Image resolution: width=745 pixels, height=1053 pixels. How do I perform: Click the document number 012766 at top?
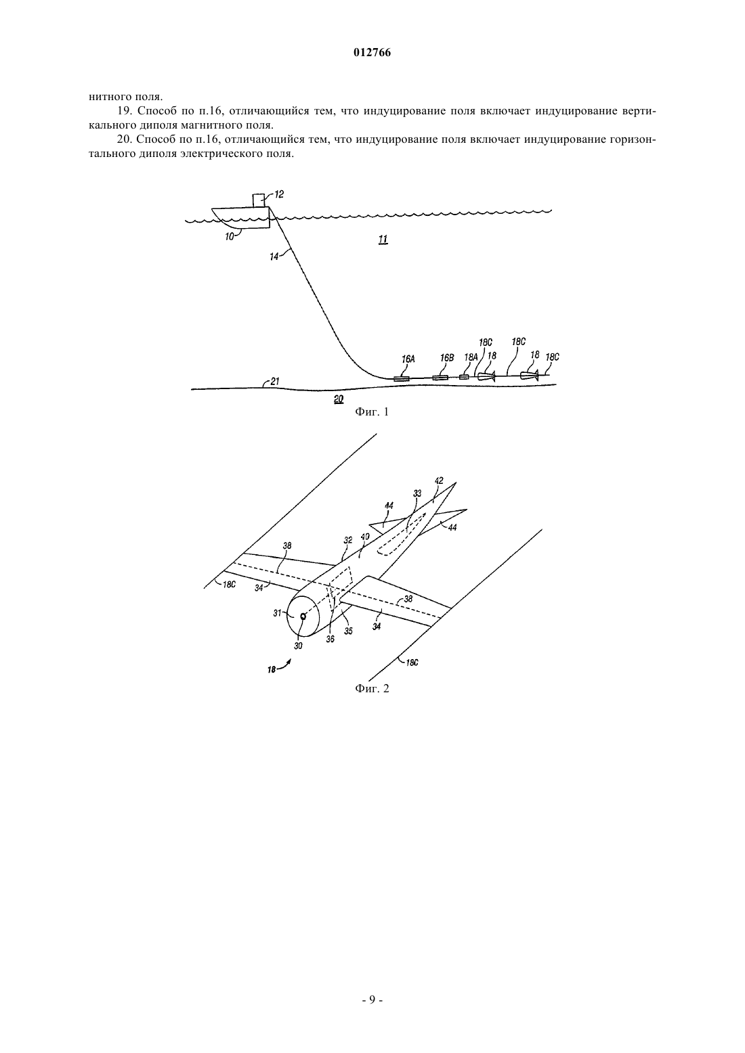click(x=372, y=53)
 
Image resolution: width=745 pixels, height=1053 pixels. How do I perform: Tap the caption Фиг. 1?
click(x=372, y=412)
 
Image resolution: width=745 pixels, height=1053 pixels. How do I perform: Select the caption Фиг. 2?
click(x=372, y=689)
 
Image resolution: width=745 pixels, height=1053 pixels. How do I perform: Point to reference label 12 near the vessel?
click(x=279, y=194)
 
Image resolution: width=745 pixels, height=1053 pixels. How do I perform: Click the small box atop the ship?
click(x=258, y=200)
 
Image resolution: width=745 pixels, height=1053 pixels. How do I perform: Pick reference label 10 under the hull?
click(x=229, y=236)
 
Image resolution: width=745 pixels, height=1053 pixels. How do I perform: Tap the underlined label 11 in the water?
click(x=383, y=240)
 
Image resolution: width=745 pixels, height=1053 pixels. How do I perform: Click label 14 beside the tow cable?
click(x=274, y=256)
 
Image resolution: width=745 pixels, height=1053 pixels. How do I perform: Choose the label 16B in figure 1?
click(x=447, y=358)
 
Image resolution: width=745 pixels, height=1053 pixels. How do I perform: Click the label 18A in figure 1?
click(x=471, y=357)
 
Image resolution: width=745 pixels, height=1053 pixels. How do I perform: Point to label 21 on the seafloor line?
click(x=275, y=381)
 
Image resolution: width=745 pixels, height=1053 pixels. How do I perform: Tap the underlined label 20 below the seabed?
click(x=339, y=399)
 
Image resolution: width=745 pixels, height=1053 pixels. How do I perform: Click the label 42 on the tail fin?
click(x=439, y=480)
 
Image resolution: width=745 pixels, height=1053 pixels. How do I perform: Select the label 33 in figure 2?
click(x=417, y=493)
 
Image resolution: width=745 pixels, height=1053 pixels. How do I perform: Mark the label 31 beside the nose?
click(x=278, y=613)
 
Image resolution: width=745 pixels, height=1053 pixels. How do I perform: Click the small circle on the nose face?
click(x=303, y=617)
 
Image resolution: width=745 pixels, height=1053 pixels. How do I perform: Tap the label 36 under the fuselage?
click(x=331, y=639)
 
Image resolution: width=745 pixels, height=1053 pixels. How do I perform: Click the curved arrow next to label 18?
click(x=284, y=664)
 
